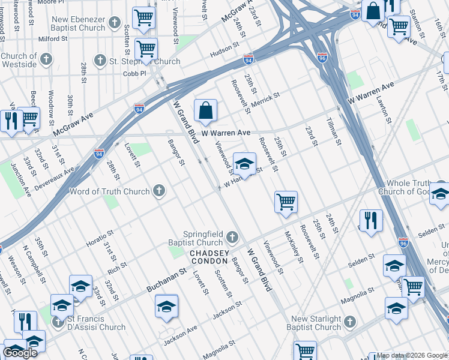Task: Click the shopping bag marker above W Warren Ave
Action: click(205, 110)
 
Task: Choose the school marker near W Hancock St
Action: click(244, 164)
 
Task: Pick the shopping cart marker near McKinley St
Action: click(286, 202)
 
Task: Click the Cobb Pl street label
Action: click(134, 73)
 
